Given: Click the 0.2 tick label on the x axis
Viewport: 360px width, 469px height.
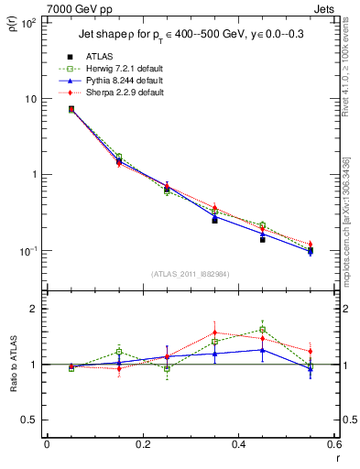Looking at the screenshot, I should [142, 445].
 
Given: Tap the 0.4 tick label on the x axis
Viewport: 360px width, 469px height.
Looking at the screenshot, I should [238, 445].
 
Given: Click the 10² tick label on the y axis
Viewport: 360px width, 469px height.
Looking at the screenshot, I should [28, 23].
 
